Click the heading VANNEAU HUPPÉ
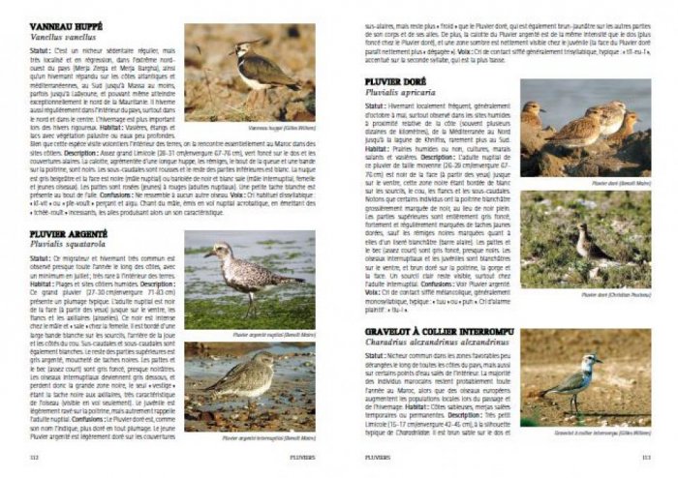pos(65,26)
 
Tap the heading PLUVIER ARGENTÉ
pos(69,234)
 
